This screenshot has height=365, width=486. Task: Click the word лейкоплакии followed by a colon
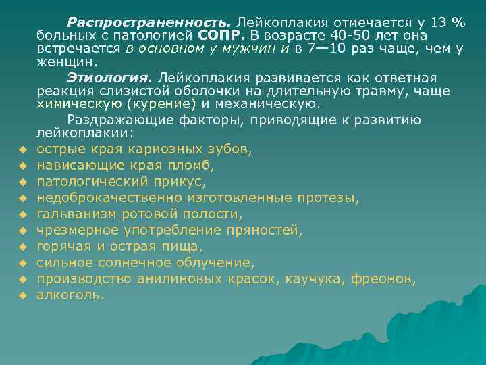pyautogui.click(x=73, y=133)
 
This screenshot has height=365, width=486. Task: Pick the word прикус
pyautogui.click(x=180, y=181)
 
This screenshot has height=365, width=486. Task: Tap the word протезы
pyautogui.click(x=327, y=197)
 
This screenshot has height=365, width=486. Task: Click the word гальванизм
pyautogui.click(x=77, y=214)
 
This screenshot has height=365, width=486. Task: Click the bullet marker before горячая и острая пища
pyautogui.click(x=22, y=247)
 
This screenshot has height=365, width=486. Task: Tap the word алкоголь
pyautogui.click(x=71, y=295)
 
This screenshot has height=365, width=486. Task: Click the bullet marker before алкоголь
pyautogui.click(x=22, y=295)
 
